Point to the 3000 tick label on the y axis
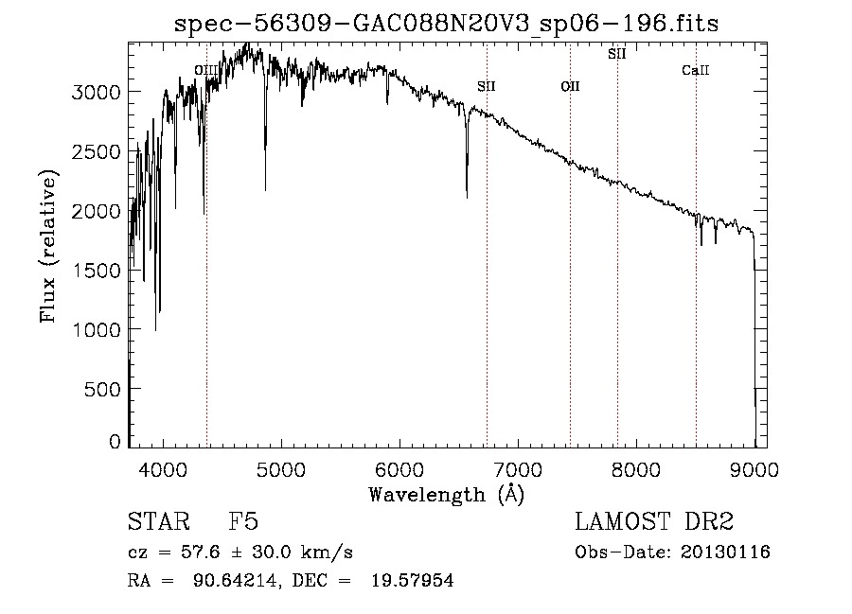(x=98, y=92)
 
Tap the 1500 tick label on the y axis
(x=98, y=270)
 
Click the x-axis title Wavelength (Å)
(x=446, y=494)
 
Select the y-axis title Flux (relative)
(x=47, y=246)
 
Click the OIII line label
(x=205, y=70)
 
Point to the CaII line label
(x=696, y=71)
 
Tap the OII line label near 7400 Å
(x=570, y=87)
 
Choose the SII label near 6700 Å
(x=487, y=87)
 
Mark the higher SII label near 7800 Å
(x=617, y=54)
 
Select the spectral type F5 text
(x=244, y=523)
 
